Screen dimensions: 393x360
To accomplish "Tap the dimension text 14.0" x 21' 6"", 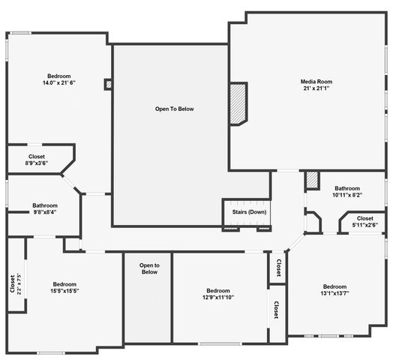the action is tap(59, 82).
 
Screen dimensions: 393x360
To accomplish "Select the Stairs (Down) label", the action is tap(249, 211).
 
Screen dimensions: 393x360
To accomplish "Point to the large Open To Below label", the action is tap(175, 109).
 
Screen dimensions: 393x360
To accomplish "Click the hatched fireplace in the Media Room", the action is tap(238, 103).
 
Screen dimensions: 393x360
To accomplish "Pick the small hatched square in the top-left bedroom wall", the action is tap(109, 84).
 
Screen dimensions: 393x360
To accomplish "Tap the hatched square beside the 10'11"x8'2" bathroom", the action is tap(312, 179).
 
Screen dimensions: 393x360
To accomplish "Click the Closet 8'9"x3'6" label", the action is tap(37, 160).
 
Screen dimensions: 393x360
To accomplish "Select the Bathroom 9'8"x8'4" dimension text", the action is tap(45, 212).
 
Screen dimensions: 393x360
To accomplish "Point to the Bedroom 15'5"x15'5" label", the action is tap(64, 287).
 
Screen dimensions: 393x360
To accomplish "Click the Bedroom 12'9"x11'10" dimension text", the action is tap(218, 297).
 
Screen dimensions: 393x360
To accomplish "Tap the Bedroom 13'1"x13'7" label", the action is tap(334, 289).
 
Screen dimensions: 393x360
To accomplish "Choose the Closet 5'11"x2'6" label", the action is tap(365, 221).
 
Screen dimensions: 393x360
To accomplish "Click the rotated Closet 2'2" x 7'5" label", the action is tap(16, 283).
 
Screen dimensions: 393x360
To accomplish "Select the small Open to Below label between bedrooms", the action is tap(149, 268).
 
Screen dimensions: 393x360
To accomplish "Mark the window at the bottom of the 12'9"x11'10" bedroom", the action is tap(220, 344).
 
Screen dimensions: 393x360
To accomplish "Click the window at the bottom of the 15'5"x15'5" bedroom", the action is tap(51, 353).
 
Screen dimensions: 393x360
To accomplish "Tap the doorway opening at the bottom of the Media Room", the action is tap(288, 171).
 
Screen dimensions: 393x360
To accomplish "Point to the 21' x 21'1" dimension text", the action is tap(316, 88).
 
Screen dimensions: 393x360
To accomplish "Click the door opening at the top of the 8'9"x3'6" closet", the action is tap(34, 145).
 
